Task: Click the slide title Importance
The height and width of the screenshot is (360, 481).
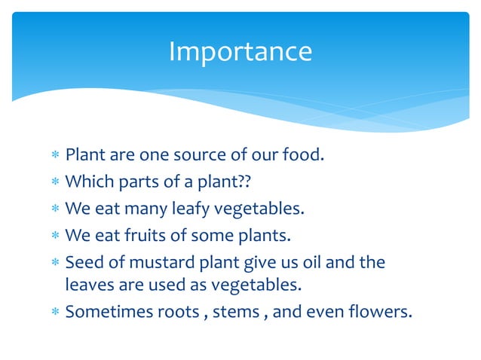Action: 240,51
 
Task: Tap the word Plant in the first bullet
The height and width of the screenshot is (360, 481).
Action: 84,156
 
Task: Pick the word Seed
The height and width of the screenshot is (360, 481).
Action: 82,262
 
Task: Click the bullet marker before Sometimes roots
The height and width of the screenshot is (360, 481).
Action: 54,312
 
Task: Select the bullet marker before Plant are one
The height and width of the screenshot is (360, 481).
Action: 54,157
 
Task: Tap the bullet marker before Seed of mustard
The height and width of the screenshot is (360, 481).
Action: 54,263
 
